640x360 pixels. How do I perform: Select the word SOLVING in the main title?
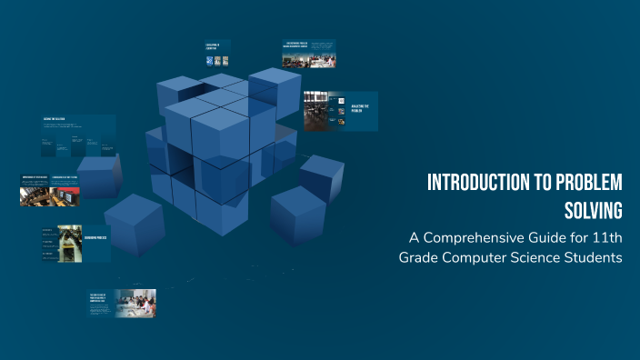click(x=591, y=210)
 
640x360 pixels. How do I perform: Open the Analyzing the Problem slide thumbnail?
click(x=340, y=111)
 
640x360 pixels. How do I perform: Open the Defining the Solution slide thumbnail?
click(x=77, y=134)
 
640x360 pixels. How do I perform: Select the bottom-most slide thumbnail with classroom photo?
click(x=122, y=304)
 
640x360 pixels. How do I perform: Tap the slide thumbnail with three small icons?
click(x=217, y=55)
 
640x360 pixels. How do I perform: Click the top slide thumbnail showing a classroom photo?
click(x=308, y=54)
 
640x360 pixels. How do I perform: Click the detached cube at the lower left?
click(x=135, y=223)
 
